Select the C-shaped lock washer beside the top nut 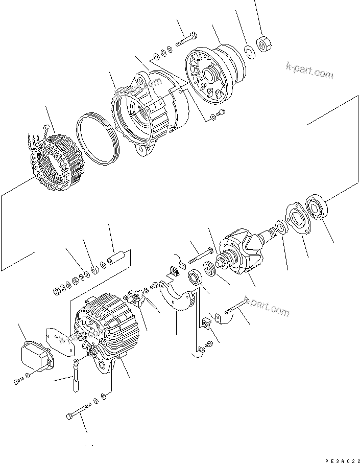pyautogui.click(x=249, y=51)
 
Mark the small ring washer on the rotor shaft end pyautogui.click(x=280, y=225)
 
